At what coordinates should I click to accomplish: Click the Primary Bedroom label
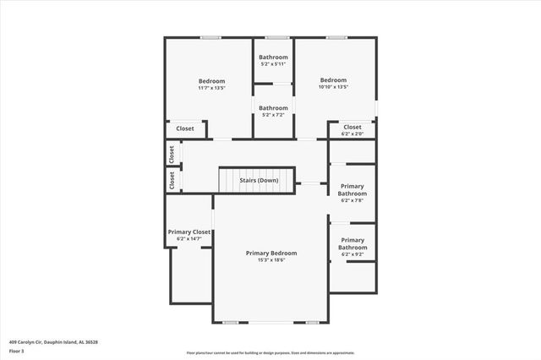(271, 253)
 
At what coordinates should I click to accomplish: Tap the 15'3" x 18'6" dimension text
(271, 260)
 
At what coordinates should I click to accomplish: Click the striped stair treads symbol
(229, 180)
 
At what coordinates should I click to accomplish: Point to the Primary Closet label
(189, 232)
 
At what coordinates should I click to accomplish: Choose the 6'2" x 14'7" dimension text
(189, 238)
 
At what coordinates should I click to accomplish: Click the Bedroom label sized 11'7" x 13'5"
(211, 80)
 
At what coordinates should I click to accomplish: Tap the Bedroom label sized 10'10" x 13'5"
(334, 80)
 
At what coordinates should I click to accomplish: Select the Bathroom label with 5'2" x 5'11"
(273, 57)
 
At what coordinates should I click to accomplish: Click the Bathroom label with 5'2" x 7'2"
(273, 107)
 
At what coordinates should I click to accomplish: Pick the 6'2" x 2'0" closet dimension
(352, 134)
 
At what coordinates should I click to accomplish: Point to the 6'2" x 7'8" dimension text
(352, 200)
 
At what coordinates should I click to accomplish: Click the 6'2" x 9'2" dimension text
(352, 254)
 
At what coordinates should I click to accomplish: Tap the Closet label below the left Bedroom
(185, 128)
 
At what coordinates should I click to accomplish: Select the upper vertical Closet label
(172, 154)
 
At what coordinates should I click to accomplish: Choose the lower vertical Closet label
(172, 180)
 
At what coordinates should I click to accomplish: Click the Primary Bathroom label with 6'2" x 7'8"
(352, 189)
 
